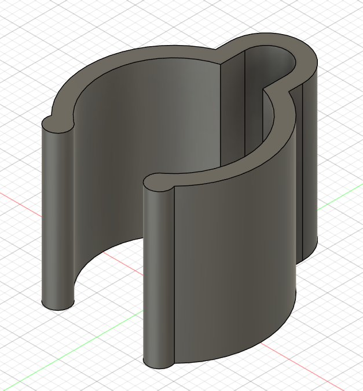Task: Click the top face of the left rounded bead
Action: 58,123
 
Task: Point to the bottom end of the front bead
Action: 157,363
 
